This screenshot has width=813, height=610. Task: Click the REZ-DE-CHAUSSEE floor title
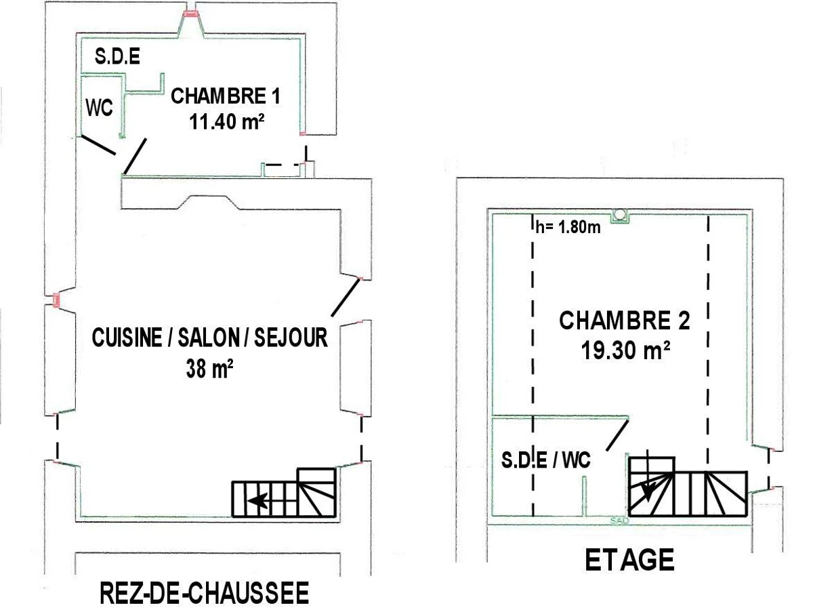204,593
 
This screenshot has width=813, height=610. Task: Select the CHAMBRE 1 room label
225,96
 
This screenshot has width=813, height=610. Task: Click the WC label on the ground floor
98,108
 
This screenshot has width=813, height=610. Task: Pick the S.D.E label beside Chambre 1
118,57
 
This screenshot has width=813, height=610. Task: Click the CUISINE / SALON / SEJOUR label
209,338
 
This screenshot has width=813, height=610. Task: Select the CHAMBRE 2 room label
624,321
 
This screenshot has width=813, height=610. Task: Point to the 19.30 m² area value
625,350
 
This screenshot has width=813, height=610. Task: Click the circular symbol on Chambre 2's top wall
619,216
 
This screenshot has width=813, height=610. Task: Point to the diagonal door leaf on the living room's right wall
346,298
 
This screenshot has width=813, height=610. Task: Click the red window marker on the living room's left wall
56,299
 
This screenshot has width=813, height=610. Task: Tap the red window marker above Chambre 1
191,13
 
